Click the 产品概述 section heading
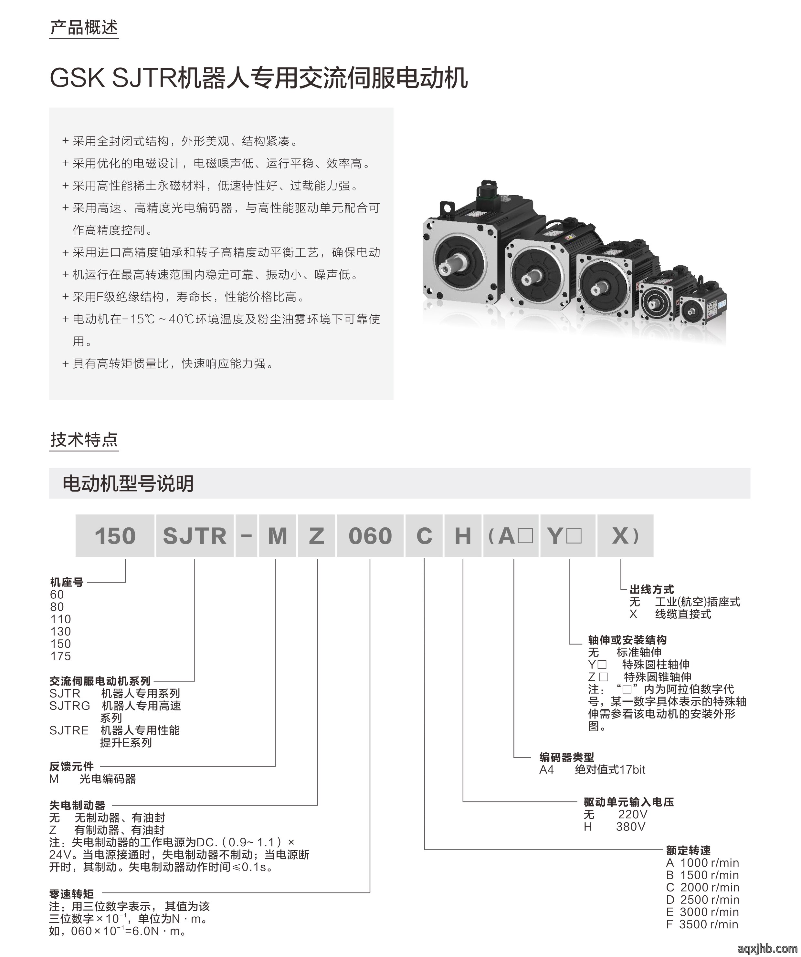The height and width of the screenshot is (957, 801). point(84,28)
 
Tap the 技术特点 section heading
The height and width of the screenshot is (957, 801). point(84,440)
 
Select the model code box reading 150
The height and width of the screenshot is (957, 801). point(115,535)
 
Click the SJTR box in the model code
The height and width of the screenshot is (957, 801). point(195,535)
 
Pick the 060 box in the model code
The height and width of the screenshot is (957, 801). point(370,535)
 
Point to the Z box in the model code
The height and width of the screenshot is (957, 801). point(317,535)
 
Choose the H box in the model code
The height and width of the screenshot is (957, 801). point(463,535)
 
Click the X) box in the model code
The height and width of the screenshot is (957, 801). point(625,535)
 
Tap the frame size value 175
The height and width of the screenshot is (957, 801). point(61,656)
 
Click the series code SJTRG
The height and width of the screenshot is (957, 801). point(70,706)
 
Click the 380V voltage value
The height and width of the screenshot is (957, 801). point(630,827)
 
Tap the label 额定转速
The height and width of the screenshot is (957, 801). point(688,850)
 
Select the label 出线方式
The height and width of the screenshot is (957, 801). point(651,589)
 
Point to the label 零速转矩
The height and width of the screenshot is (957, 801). point(72,894)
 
